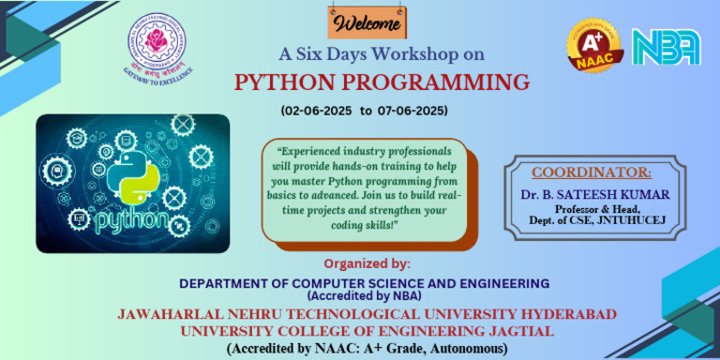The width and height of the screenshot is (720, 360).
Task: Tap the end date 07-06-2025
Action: [x=412, y=111]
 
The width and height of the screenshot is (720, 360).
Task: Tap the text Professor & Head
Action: [x=592, y=208]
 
